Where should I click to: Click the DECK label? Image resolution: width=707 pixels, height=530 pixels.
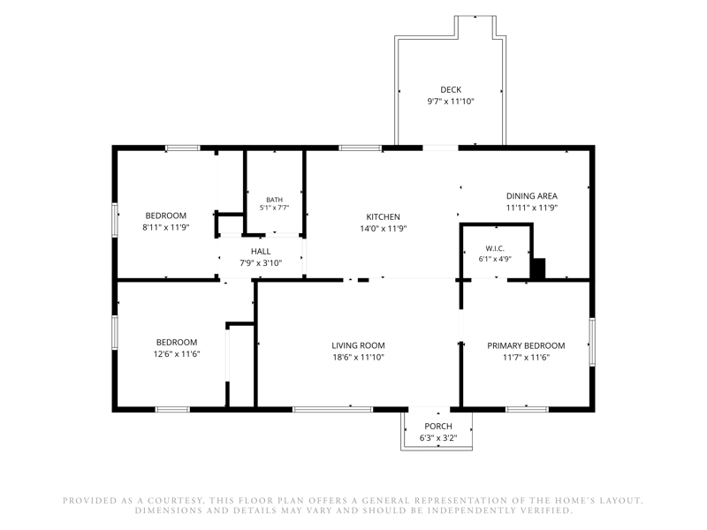tap(451, 90)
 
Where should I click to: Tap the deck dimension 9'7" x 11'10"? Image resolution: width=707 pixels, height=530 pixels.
tap(451, 102)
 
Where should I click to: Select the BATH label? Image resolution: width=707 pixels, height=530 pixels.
tap(274, 200)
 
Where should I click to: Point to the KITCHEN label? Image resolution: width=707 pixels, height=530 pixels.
tap(383, 216)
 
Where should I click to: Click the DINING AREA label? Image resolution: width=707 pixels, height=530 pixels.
tap(532, 196)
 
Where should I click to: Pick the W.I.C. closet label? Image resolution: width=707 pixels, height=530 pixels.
tap(495, 248)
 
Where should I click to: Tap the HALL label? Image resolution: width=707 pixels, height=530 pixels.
tap(261, 252)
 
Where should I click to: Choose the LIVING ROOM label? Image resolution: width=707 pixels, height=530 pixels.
tap(358, 345)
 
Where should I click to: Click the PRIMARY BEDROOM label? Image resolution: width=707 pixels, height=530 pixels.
tap(526, 345)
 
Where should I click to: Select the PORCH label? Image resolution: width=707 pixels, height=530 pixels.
tap(437, 426)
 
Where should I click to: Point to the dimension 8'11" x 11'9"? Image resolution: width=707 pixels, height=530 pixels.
tap(165, 228)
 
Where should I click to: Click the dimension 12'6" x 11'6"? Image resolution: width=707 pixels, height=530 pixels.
tap(176, 354)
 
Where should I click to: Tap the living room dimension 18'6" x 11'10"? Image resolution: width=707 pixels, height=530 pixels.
tap(358, 358)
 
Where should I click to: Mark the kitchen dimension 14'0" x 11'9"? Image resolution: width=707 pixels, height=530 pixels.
tap(383, 229)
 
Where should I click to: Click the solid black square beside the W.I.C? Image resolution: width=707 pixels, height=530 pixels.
tap(537, 269)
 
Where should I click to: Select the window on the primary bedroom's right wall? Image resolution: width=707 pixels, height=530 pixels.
tap(592, 342)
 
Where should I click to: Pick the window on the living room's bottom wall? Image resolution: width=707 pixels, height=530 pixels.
tap(333, 409)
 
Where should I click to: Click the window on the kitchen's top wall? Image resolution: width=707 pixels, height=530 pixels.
tap(361, 148)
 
